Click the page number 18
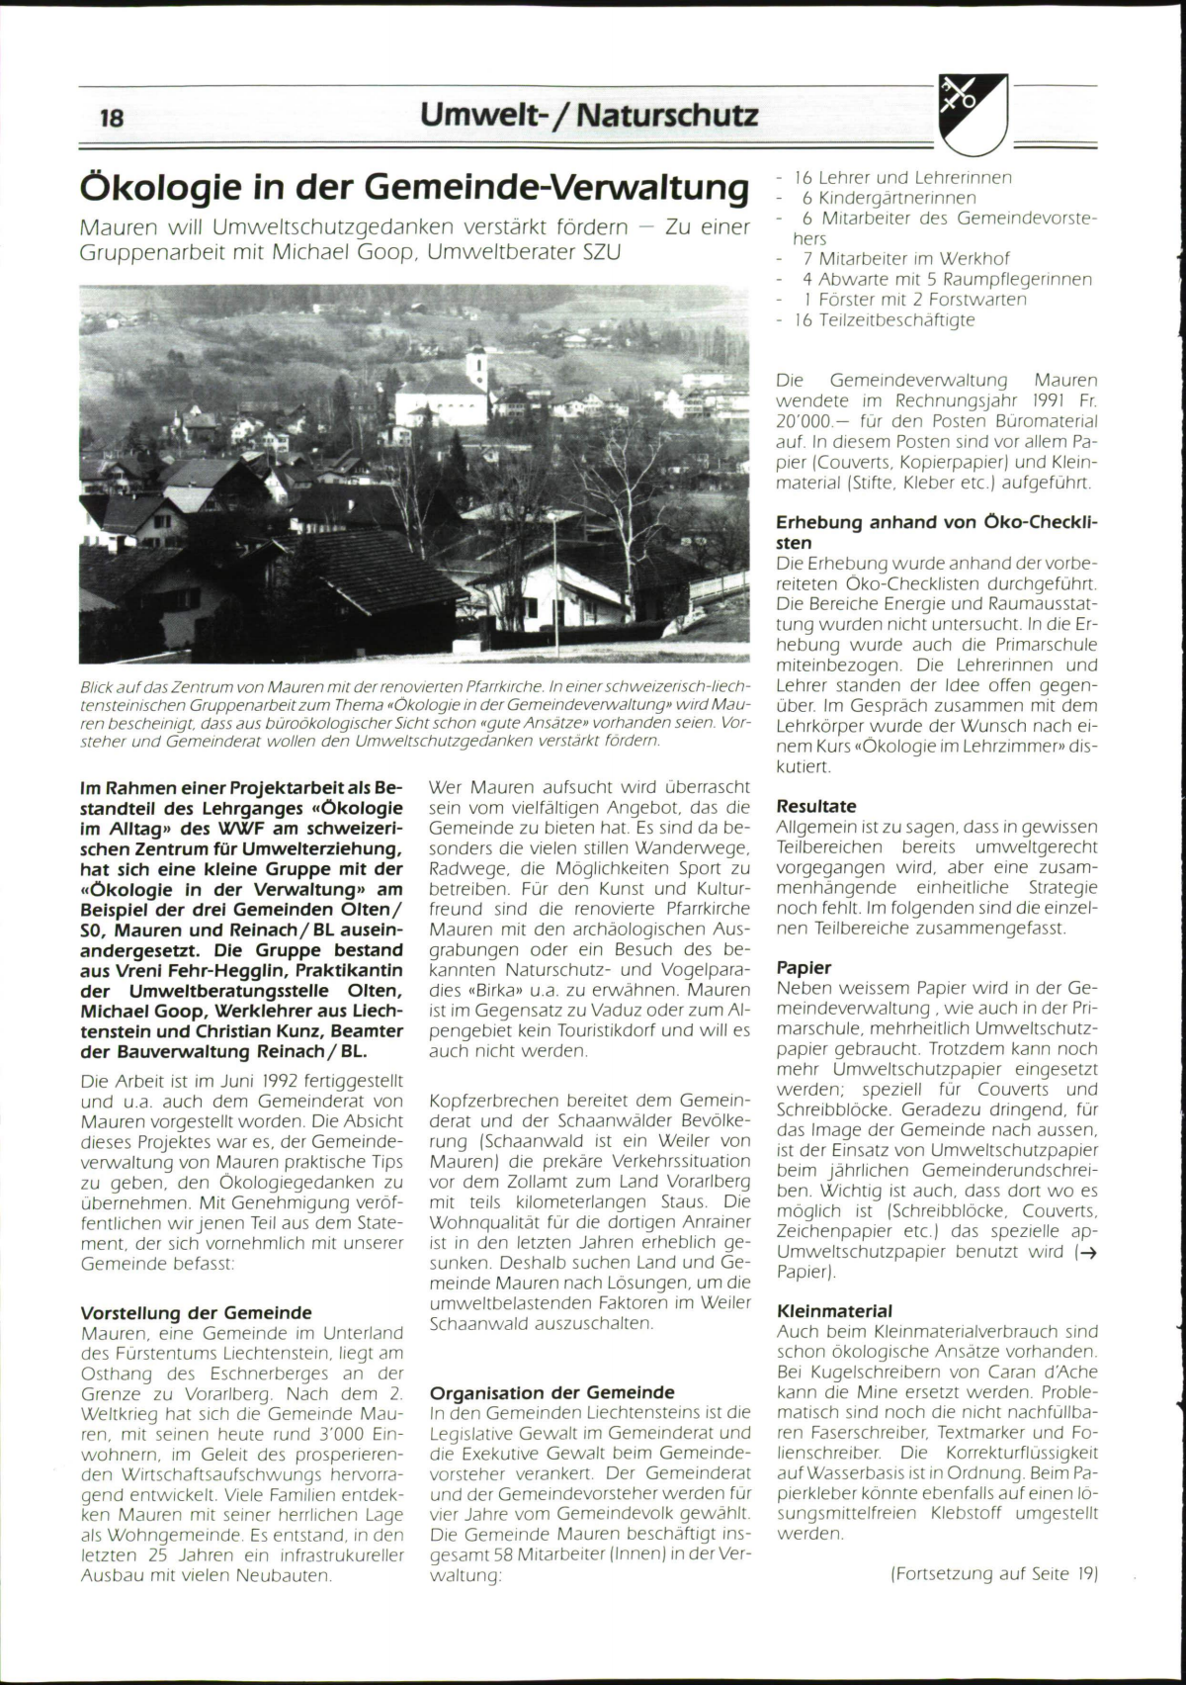pos(112,117)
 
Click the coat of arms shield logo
pos(973,114)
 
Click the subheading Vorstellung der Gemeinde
pos(196,1313)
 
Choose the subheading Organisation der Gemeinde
pos(552,1392)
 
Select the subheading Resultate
pos(816,806)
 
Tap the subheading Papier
pos(804,967)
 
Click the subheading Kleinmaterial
pos(834,1311)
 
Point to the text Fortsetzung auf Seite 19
pos(994,1573)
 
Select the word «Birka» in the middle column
pos(463,990)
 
